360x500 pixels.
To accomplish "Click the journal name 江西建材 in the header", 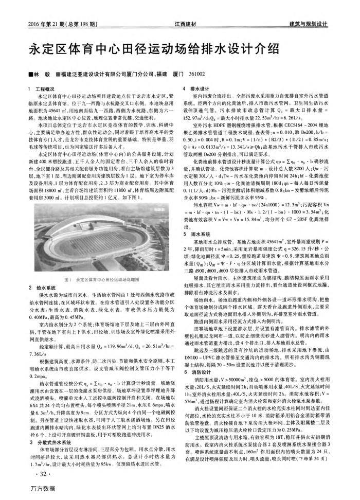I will tap(186, 24).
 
